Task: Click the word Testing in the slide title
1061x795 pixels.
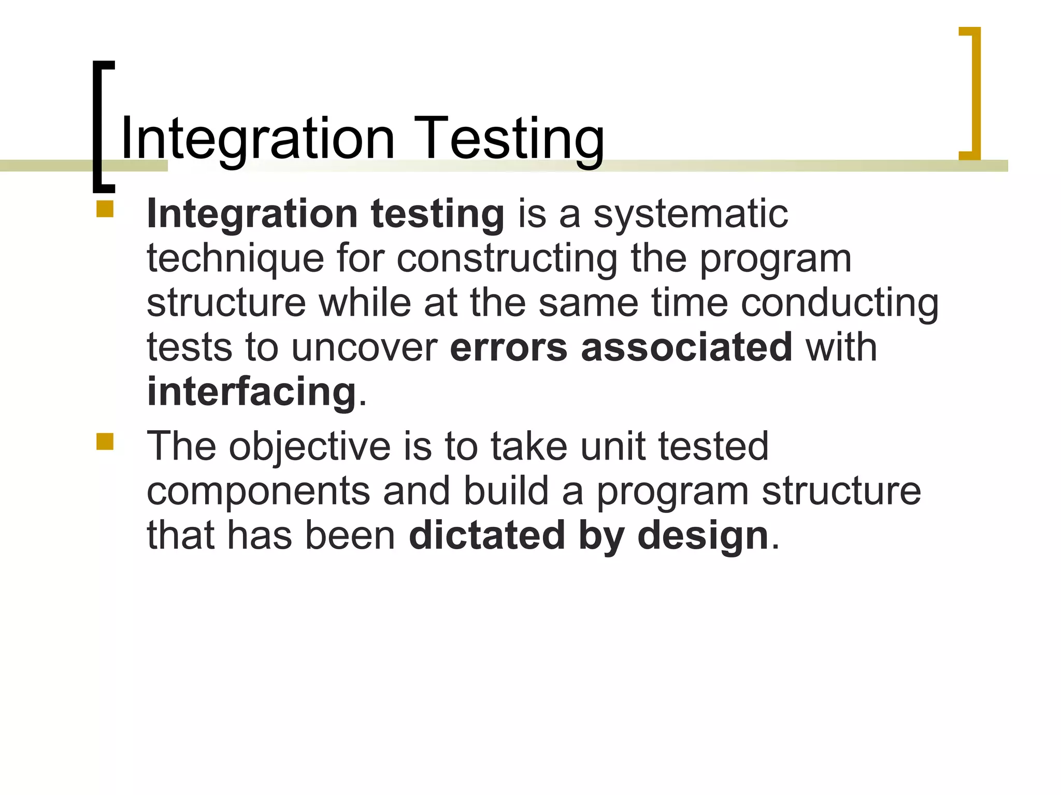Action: pos(509,139)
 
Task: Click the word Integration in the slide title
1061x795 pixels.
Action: pos(257,139)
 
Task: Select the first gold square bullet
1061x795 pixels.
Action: pos(105,209)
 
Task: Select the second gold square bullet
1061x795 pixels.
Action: pos(105,441)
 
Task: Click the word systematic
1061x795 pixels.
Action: pos(691,214)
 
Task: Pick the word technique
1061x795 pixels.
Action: pos(235,258)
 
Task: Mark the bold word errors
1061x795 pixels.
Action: pos(509,347)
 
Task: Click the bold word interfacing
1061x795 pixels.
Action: pos(252,392)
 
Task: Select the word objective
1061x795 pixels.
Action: pos(309,446)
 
